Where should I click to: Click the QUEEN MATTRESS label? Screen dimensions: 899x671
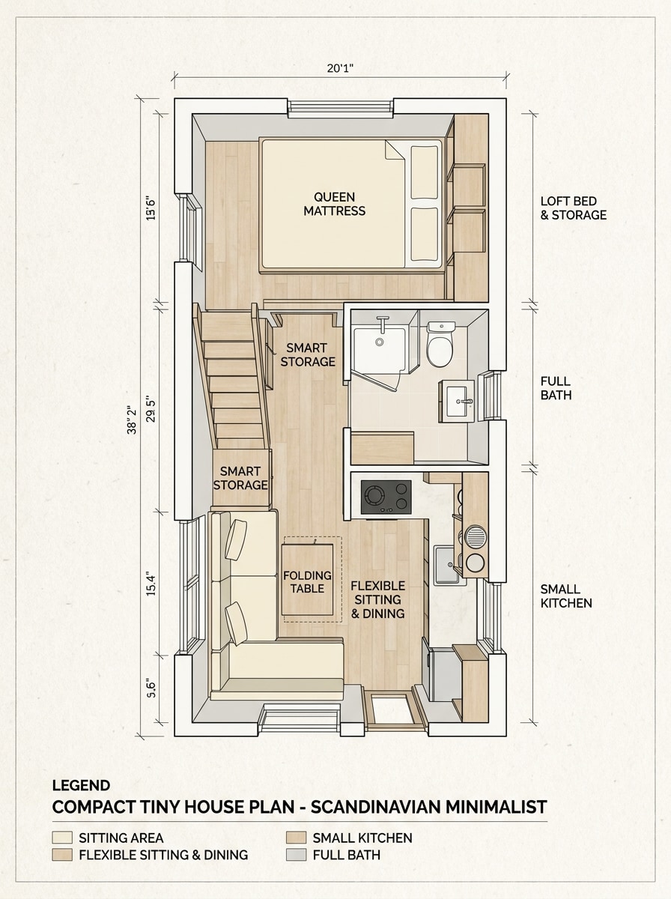(x=334, y=204)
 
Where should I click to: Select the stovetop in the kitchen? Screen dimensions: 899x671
(x=386, y=497)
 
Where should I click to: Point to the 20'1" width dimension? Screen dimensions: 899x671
(x=340, y=68)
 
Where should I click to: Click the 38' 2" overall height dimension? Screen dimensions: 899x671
(x=133, y=420)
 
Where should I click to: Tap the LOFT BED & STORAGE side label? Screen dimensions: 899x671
(x=573, y=208)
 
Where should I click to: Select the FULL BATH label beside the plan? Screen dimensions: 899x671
(x=555, y=388)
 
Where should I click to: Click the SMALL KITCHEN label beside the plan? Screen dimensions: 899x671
(x=565, y=596)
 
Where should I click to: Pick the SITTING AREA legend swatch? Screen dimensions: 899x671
(x=62, y=838)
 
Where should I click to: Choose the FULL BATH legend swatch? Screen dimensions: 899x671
(x=297, y=855)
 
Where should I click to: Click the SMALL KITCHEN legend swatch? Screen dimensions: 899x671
(x=297, y=838)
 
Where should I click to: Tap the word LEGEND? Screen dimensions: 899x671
(x=81, y=786)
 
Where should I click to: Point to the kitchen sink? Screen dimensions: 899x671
(x=447, y=565)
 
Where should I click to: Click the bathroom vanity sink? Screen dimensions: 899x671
(x=457, y=401)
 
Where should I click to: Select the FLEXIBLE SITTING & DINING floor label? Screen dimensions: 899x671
(x=377, y=599)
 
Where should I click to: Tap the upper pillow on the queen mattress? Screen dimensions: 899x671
(x=425, y=172)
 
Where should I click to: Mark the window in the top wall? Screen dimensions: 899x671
(x=341, y=109)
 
